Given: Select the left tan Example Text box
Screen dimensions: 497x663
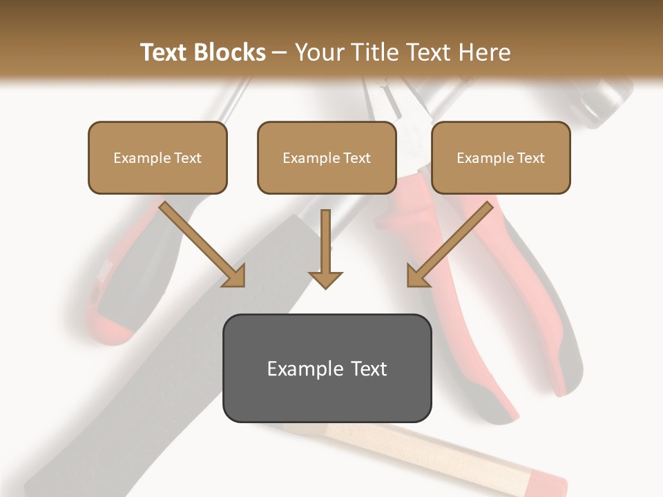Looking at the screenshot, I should coord(157,157).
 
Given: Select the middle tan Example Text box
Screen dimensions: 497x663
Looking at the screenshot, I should coord(327,157).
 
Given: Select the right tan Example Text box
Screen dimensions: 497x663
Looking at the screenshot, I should coord(501,157).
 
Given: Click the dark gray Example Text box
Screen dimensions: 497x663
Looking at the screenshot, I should coord(327,368).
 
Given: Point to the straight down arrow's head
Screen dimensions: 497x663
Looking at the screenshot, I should coord(325,279).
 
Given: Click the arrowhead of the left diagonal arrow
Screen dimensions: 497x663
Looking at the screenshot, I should coord(235,276).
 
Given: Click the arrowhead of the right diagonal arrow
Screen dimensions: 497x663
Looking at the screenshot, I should coord(417,276).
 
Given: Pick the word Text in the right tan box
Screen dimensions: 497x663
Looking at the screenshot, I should coord(531,158).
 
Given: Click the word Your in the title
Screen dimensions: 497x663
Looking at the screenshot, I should coord(318,52).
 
